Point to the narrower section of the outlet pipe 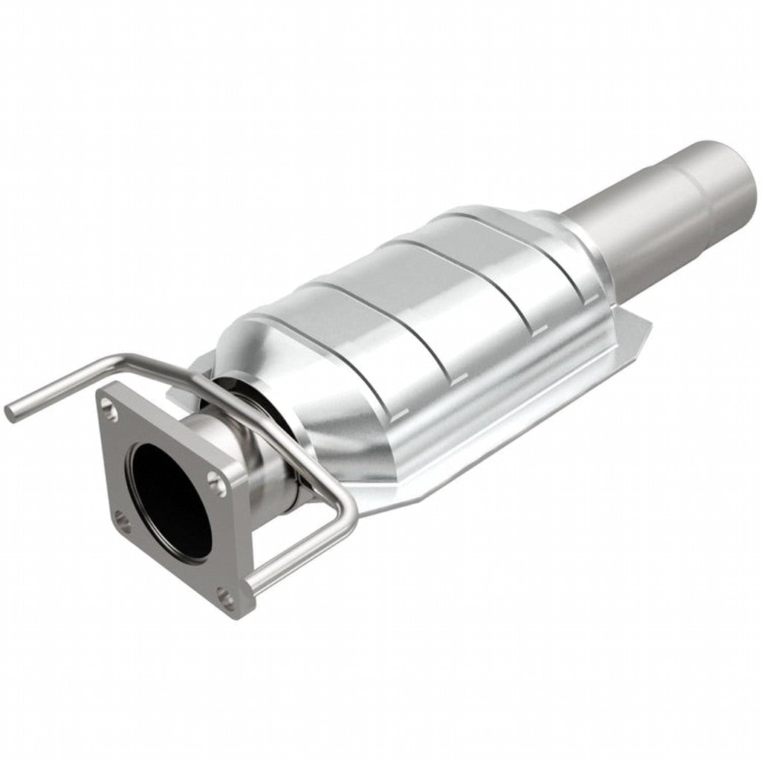click(624, 245)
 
